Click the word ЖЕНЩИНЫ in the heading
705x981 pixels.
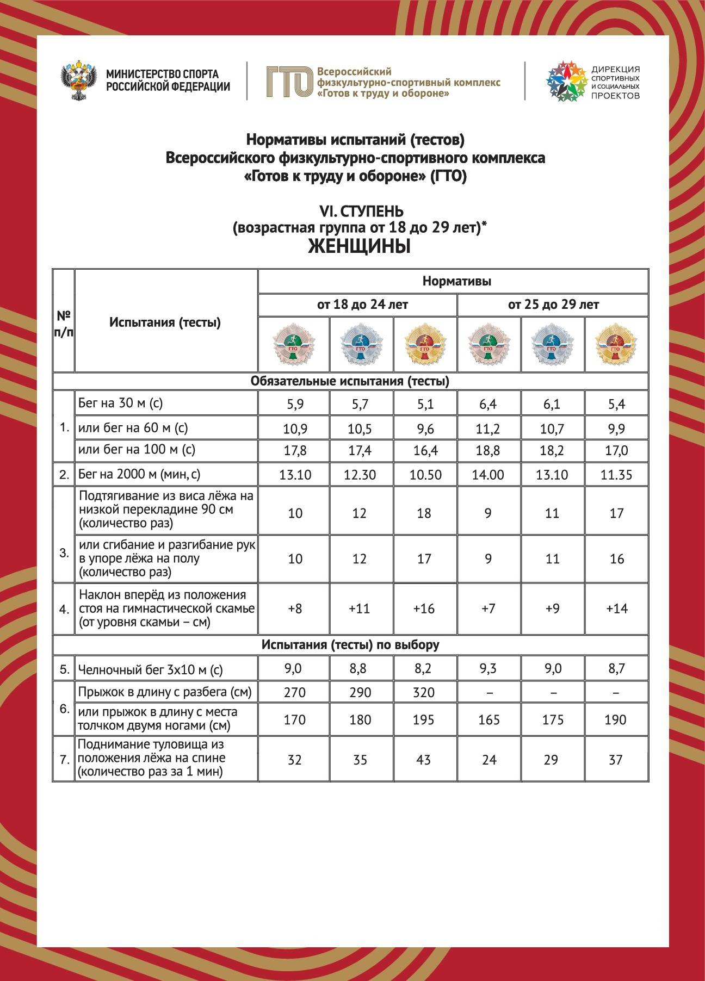[x=359, y=247]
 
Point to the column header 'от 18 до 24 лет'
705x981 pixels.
[x=362, y=305]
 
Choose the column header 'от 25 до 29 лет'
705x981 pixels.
[x=553, y=305]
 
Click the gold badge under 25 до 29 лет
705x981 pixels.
[x=616, y=345]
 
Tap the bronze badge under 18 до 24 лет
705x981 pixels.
[x=294, y=345]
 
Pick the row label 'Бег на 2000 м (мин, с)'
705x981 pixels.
[x=139, y=474]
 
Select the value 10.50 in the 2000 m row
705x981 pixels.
[x=425, y=475]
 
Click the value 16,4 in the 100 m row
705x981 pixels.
[x=425, y=451]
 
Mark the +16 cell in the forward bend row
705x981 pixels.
[x=424, y=609]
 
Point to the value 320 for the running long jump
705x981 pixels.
[x=424, y=692]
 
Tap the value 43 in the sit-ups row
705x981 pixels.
[x=424, y=760]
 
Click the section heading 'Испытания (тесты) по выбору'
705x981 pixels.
[x=350, y=645]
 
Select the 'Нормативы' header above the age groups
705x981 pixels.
[x=456, y=281]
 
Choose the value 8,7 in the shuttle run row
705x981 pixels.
[x=616, y=669]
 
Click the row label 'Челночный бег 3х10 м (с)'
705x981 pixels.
[x=150, y=669]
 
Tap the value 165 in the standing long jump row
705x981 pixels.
[x=488, y=719]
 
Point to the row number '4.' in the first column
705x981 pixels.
[x=64, y=609]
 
